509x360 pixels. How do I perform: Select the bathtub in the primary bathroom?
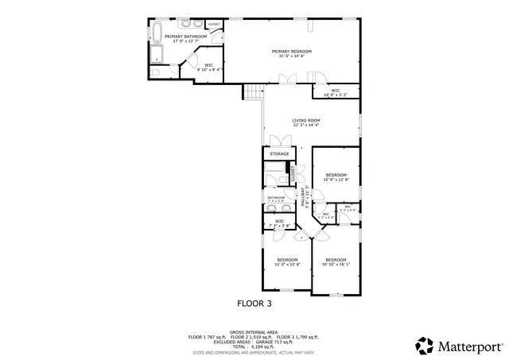pyautogui.click(x=157, y=35)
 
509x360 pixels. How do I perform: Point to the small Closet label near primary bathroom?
pyautogui.click(x=214, y=25)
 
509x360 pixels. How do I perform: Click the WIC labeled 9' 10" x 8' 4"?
pyautogui.click(x=208, y=68)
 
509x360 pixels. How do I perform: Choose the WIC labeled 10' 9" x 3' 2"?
pyautogui.click(x=336, y=92)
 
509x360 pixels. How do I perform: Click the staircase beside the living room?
pyautogui.click(x=253, y=92)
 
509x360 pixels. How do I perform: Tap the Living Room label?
pyautogui.click(x=306, y=122)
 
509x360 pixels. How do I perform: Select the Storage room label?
pyautogui.click(x=279, y=153)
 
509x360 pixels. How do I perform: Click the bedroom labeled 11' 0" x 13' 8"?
pyautogui.click(x=287, y=261)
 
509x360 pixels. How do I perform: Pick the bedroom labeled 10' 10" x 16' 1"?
pyautogui.click(x=336, y=261)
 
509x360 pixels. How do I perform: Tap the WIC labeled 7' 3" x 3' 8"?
pyautogui.click(x=280, y=224)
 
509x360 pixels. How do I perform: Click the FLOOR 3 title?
pyautogui.click(x=254, y=303)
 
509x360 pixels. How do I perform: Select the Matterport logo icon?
pyautogui.click(x=425, y=346)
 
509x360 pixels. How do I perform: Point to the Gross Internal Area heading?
pyautogui.click(x=254, y=332)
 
